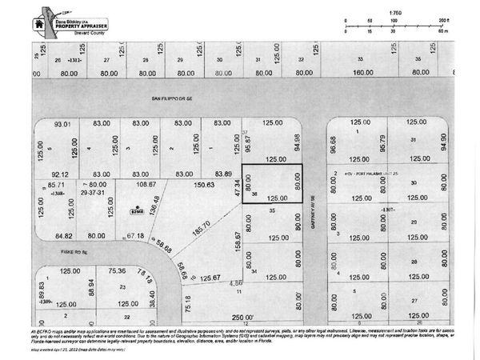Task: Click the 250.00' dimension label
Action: pos(243,318)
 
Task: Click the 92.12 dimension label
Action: pos(61,174)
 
